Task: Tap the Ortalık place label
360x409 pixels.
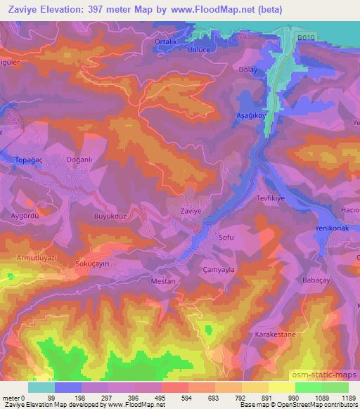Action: point(166,41)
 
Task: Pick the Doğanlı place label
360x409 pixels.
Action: point(78,160)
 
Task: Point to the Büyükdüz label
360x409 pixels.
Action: point(110,216)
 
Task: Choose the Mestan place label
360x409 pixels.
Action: point(163,280)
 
